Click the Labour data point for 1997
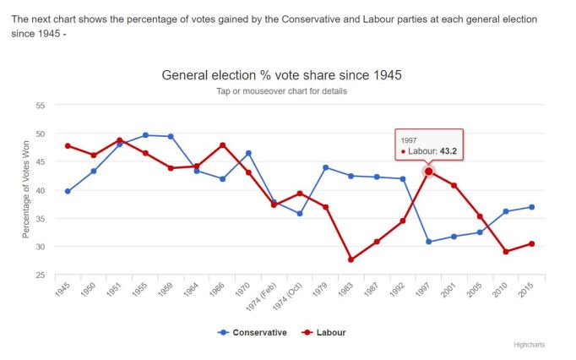pyautogui.click(x=429, y=172)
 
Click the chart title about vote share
pyautogui.click(x=282, y=75)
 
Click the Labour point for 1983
pyautogui.click(x=350, y=259)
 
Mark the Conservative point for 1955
pyautogui.click(x=145, y=135)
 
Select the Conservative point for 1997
pyautogui.click(x=429, y=242)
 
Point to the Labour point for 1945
pyautogui.click(x=68, y=146)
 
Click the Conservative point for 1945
pyautogui.click(x=68, y=191)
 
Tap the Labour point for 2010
pyautogui.click(x=506, y=252)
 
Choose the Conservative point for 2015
pyautogui.click(x=532, y=207)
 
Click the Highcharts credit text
pyautogui.click(x=530, y=345)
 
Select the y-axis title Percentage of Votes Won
pyautogui.click(x=27, y=190)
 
